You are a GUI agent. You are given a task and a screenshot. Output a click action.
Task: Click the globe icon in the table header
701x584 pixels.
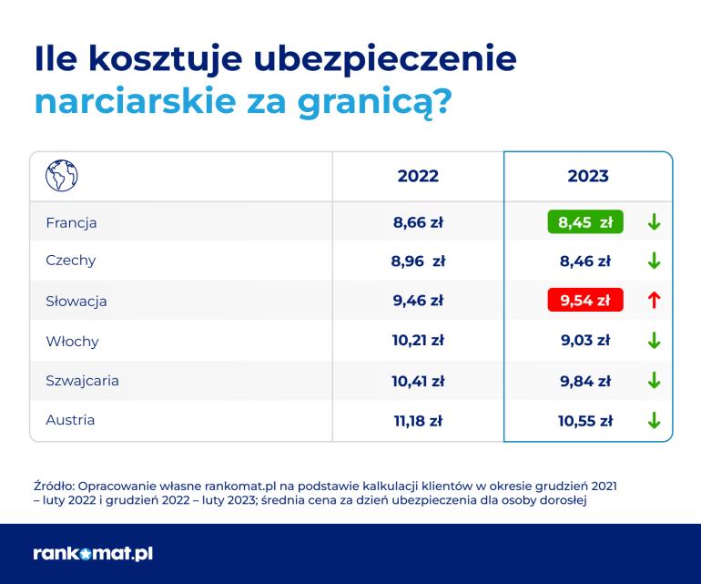(x=62, y=176)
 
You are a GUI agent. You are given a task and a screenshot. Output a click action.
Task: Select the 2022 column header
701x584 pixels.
(x=418, y=176)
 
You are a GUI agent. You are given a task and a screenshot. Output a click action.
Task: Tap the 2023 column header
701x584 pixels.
(x=588, y=176)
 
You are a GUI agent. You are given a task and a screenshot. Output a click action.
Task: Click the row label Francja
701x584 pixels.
(x=71, y=223)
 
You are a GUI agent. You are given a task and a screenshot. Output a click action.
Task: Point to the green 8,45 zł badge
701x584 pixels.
(x=585, y=221)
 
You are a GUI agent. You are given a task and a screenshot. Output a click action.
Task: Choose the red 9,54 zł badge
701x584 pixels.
(x=585, y=300)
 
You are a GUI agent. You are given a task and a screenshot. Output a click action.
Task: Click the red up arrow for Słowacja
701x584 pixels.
(x=654, y=300)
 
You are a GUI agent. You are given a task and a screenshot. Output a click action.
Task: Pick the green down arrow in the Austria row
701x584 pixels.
(x=654, y=420)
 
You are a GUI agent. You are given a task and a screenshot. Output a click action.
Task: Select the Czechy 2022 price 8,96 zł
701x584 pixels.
(x=418, y=261)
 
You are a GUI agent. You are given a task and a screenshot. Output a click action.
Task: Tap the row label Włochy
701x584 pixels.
(x=72, y=342)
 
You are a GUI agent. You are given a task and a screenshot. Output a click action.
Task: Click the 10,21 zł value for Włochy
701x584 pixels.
(x=418, y=341)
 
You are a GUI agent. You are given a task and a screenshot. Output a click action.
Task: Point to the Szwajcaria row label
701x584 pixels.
(x=82, y=381)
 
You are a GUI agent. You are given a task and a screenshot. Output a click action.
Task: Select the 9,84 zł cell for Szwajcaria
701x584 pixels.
(x=585, y=381)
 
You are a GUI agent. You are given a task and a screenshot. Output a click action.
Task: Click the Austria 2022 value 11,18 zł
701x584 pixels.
(x=418, y=421)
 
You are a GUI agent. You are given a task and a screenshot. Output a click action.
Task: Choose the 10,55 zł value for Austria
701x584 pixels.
(x=585, y=421)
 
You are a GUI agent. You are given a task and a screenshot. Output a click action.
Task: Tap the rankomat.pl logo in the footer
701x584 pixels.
(x=93, y=554)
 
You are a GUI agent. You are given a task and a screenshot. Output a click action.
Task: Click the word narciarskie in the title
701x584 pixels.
(x=135, y=101)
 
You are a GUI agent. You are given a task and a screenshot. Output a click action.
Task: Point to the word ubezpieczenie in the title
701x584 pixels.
(x=385, y=59)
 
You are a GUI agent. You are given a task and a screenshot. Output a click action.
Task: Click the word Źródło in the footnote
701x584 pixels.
(x=54, y=486)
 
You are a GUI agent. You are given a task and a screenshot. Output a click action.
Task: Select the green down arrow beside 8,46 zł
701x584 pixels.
(x=654, y=261)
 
